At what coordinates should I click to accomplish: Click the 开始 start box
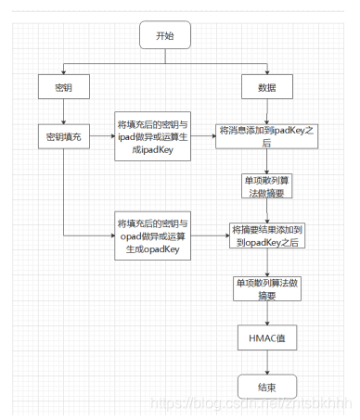point(165,35)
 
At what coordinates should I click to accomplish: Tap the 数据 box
point(266,87)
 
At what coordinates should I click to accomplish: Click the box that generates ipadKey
point(152,135)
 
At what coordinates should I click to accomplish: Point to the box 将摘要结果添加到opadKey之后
point(269,234)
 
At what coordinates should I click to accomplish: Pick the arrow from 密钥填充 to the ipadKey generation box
point(100,135)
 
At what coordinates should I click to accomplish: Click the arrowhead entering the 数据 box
point(266,73)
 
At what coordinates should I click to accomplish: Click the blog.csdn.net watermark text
point(251,404)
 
